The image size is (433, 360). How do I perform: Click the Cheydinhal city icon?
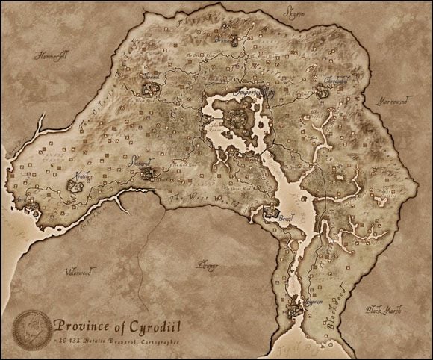tap(323, 91)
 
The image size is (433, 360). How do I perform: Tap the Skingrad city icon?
tap(147, 173)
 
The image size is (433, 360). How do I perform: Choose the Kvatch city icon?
tap(77, 184)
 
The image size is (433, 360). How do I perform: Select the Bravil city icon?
tap(270, 214)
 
